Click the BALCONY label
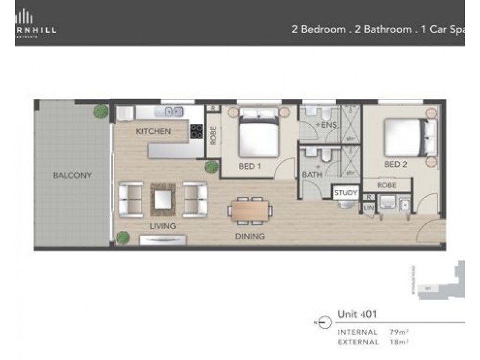pos(71,175)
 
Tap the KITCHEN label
pos(153,131)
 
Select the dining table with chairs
pos(250,211)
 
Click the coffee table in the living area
pos(163,199)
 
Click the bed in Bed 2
pos(406,137)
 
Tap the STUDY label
pos(346,193)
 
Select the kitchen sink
pos(174,111)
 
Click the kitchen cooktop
pos(197,131)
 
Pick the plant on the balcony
pos(101,112)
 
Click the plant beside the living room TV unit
pos(123,238)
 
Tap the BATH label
pos(312,175)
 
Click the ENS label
pos(329,125)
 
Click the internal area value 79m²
pos(398,332)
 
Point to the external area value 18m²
pos(398,342)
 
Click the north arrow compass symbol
pos(324,323)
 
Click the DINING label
pos(250,236)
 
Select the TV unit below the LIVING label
pos(162,240)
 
